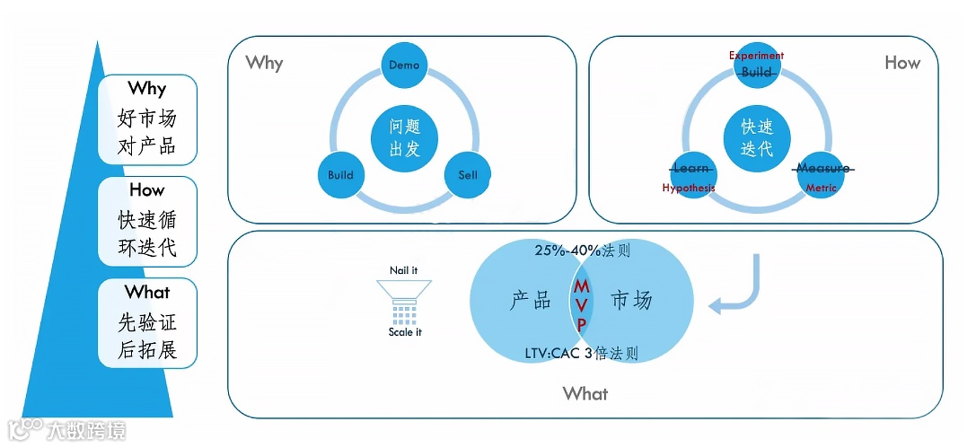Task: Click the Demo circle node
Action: pyautogui.click(x=404, y=66)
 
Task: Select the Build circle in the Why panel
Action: pyautogui.click(x=340, y=175)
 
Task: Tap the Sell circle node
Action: pyautogui.click(x=468, y=175)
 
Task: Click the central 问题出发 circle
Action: pyautogui.click(x=404, y=138)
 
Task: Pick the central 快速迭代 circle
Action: pyautogui.click(x=757, y=138)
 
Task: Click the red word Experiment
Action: pyautogui.click(x=756, y=56)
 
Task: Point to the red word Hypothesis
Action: pyautogui.click(x=689, y=189)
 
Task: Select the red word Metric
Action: pyautogui.click(x=821, y=189)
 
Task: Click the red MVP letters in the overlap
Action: pyautogui.click(x=582, y=304)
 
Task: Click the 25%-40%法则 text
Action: pyautogui.click(x=582, y=250)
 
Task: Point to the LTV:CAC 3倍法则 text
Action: pyautogui.click(x=582, y=354)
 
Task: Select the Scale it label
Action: pyautogui.click(x=405, y=332)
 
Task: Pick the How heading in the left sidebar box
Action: pyautogui.click(x=147, y=190)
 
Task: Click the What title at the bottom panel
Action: pyautogui.click(x=585, y=393)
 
